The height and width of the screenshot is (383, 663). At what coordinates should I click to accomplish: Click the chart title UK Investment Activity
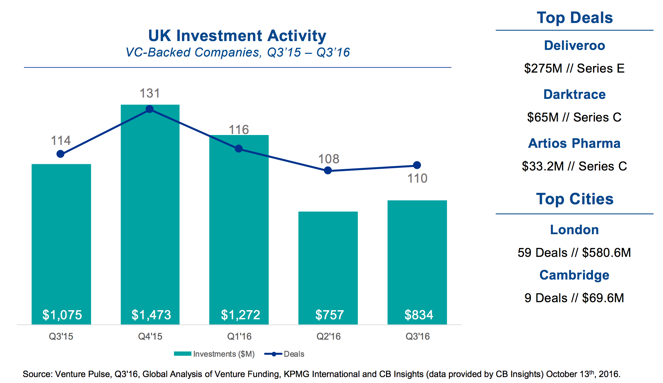(x=237, y=35)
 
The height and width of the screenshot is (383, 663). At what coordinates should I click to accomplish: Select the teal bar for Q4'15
(x=150, y=214)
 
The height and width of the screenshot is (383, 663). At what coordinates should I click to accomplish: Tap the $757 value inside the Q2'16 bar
(x=330, y=315)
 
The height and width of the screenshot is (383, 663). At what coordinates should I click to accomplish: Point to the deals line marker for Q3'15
(x=61, y=154)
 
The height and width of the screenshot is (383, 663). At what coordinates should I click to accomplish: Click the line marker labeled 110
(x=417, y=165)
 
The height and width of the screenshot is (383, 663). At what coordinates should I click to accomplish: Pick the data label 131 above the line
(x=150, y=93)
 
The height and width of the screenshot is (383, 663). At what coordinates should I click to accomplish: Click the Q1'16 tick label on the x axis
(x=239, y=336)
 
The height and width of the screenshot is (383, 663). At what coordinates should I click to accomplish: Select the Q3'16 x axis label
(x=417, y=336)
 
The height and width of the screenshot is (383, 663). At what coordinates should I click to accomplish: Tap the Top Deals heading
(x=575, y=18)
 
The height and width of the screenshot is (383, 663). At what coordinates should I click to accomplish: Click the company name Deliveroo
(x=574, y=45)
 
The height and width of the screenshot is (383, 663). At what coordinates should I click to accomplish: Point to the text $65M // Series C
(x=574, y=117)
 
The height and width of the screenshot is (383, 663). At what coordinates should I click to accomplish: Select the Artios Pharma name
(x=574, y=143)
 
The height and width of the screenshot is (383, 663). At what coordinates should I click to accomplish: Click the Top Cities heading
(x=575, y=199)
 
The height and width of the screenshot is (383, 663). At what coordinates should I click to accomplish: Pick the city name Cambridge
(x=574, y=275)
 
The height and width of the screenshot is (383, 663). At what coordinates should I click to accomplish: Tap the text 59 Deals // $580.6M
(x=574, y=253)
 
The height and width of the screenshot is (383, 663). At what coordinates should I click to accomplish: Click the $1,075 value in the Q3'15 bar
(x=62, y=315)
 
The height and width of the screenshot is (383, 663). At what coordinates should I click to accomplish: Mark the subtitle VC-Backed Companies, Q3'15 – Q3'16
(x=237, y=53)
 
